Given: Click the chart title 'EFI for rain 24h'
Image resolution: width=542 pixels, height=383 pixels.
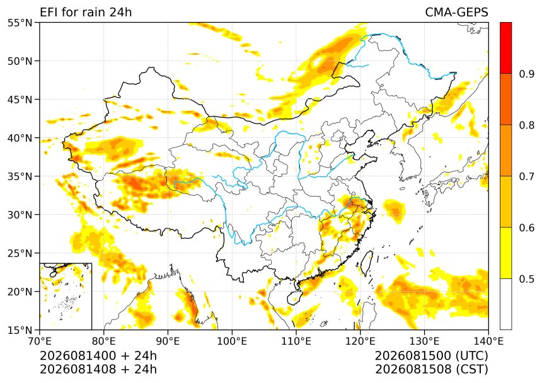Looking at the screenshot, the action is [x=86, y=12].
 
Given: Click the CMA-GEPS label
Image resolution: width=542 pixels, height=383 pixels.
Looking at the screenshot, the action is [x=456, y=12].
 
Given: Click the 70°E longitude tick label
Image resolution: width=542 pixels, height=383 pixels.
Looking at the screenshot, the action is [x=40, y=341].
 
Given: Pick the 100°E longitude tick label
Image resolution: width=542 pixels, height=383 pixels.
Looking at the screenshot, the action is [x=232, y=341].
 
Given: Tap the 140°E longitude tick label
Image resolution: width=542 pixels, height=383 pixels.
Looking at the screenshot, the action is [x=488, y=341].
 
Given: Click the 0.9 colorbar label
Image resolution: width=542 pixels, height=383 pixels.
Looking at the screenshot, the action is [x=526, y=74].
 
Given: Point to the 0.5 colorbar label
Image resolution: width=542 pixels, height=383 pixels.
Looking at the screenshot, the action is [x=526, y=278].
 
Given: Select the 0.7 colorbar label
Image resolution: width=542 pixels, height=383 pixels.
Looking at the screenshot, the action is [x=526, y=176].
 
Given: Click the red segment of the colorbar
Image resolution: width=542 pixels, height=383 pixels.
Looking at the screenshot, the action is [x=505, y=48].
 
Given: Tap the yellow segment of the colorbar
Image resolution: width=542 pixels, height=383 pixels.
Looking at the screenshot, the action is [x=505, y=253].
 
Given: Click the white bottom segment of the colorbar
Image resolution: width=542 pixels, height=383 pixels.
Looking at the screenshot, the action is [x=505, y=304].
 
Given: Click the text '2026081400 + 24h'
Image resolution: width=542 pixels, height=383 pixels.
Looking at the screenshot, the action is [x=98, y=355].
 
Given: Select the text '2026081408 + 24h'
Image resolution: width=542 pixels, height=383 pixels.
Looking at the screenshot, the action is [x=98, y=369].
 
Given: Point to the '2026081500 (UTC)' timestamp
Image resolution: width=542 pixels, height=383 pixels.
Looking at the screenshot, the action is [x=431, y=355].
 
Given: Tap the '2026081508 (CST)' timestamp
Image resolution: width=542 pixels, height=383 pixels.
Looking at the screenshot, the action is [x=431, y=369].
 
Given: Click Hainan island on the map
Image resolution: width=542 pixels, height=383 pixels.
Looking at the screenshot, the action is [x=295, y=297].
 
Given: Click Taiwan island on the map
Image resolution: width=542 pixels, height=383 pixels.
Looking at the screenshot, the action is [x=367, y=263].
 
